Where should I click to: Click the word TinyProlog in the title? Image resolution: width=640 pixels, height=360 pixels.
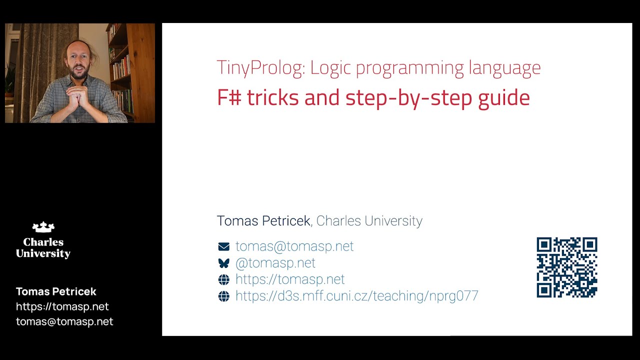(260, 68)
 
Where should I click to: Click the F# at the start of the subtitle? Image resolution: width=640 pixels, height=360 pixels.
(229, 97)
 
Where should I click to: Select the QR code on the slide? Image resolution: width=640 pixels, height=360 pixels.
(566, 267)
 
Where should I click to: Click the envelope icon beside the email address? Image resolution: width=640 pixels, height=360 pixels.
(223, 246)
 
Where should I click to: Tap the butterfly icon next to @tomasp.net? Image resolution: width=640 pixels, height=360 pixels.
(223, 263)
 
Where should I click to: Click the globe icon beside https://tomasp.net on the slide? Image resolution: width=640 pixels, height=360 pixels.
(223, 279)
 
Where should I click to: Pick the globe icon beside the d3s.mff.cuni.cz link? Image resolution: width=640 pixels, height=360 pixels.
(223, 296)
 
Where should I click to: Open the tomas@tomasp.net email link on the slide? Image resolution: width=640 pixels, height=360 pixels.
(294, 246)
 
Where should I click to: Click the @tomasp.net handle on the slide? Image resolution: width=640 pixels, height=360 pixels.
(275, 263)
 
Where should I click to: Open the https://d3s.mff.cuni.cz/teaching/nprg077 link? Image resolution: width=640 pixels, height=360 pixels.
(356, 296)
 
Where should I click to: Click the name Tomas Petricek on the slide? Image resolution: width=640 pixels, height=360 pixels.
(263, 221)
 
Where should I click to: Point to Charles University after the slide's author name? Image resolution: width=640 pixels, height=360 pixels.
(369, 221)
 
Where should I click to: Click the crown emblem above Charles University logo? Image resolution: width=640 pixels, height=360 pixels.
(43, 227)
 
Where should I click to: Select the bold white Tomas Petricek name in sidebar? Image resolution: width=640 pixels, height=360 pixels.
(56, 291)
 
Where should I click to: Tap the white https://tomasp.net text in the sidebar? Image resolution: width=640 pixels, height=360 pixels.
(62, 306)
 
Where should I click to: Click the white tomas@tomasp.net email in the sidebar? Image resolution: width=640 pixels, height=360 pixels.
(64, 321)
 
